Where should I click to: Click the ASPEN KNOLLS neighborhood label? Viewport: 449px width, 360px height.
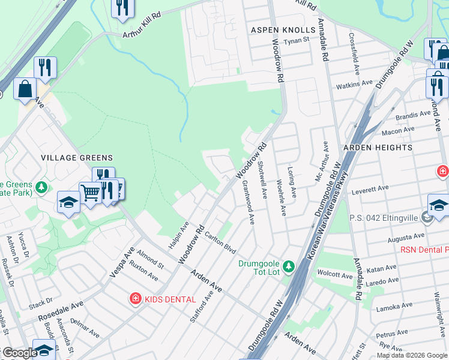point(283,30)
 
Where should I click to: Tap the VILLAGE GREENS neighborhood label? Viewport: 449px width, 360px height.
point(76,158)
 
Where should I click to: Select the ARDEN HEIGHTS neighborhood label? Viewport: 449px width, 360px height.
point(378,147)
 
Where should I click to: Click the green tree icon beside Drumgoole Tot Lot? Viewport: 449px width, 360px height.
point(289,265)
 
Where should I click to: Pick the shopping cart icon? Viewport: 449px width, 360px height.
point(89,193)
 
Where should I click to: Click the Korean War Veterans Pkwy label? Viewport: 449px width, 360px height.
point(330,217)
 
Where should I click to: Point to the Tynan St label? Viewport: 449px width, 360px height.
point(297,40)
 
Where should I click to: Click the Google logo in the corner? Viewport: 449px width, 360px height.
point(20,353)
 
